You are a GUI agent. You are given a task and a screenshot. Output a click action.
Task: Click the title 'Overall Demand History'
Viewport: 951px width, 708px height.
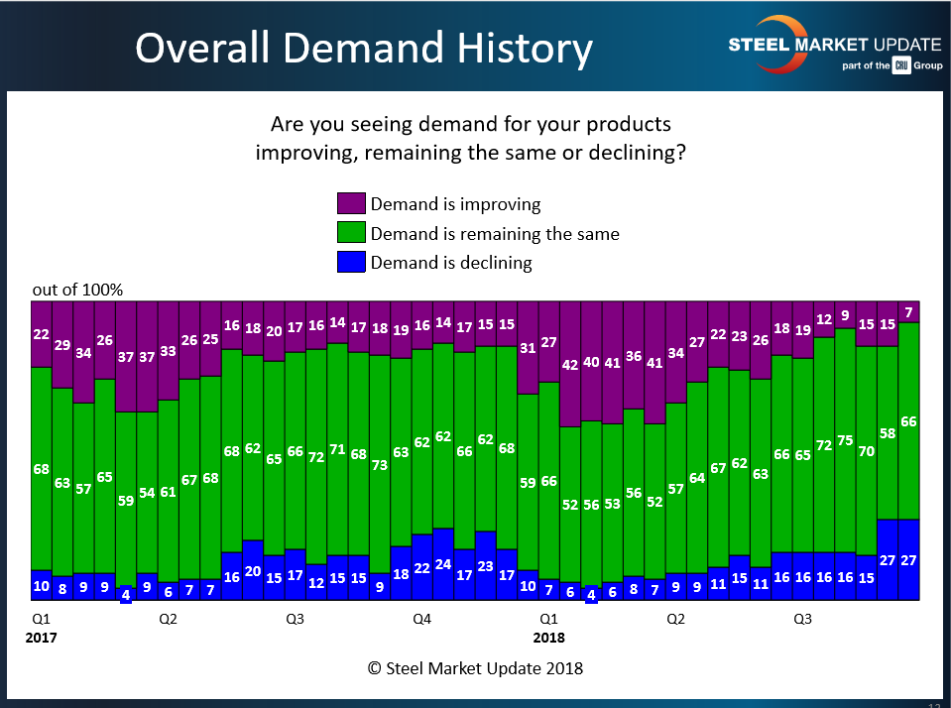pos(364,48)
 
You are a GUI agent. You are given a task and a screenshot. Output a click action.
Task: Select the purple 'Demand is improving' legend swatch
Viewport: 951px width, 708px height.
pos(352,204)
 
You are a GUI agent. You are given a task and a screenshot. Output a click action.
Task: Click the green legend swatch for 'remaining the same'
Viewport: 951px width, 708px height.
pos(352,234)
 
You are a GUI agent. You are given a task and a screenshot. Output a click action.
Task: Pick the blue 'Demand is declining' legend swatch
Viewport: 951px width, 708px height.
pos(352,263)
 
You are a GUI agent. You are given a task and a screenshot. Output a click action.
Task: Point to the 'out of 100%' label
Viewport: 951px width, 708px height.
pos(77,290)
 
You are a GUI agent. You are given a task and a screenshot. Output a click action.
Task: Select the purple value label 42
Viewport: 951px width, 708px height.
pos(570,364)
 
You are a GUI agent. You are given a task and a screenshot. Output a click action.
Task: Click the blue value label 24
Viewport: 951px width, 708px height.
pos(443,565)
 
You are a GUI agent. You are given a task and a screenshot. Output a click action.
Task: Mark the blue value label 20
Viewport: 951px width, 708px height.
pos(253,571)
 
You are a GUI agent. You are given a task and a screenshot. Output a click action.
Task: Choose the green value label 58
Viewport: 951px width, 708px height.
pos(888,433)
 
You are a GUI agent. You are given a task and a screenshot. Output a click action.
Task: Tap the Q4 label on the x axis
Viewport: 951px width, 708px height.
pos(421,620)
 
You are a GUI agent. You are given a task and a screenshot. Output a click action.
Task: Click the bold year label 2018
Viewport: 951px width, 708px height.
pos(549,638)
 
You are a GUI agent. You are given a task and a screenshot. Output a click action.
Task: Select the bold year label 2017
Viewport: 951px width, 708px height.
pos(42,638)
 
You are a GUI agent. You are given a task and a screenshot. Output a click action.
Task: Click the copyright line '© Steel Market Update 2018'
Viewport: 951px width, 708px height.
pos(475,668)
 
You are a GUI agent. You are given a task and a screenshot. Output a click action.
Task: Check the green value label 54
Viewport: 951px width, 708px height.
pos(147,493)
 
